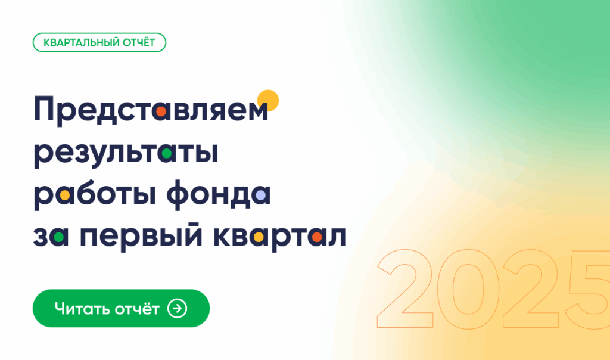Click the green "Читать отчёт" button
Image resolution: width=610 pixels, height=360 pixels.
click(x=121, y=308)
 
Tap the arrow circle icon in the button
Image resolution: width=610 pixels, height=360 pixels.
click(x=178, y=308)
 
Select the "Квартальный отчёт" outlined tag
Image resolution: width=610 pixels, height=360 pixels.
click(x=99, y=42)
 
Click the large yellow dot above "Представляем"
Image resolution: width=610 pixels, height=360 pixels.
click(x=268, y=101)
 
